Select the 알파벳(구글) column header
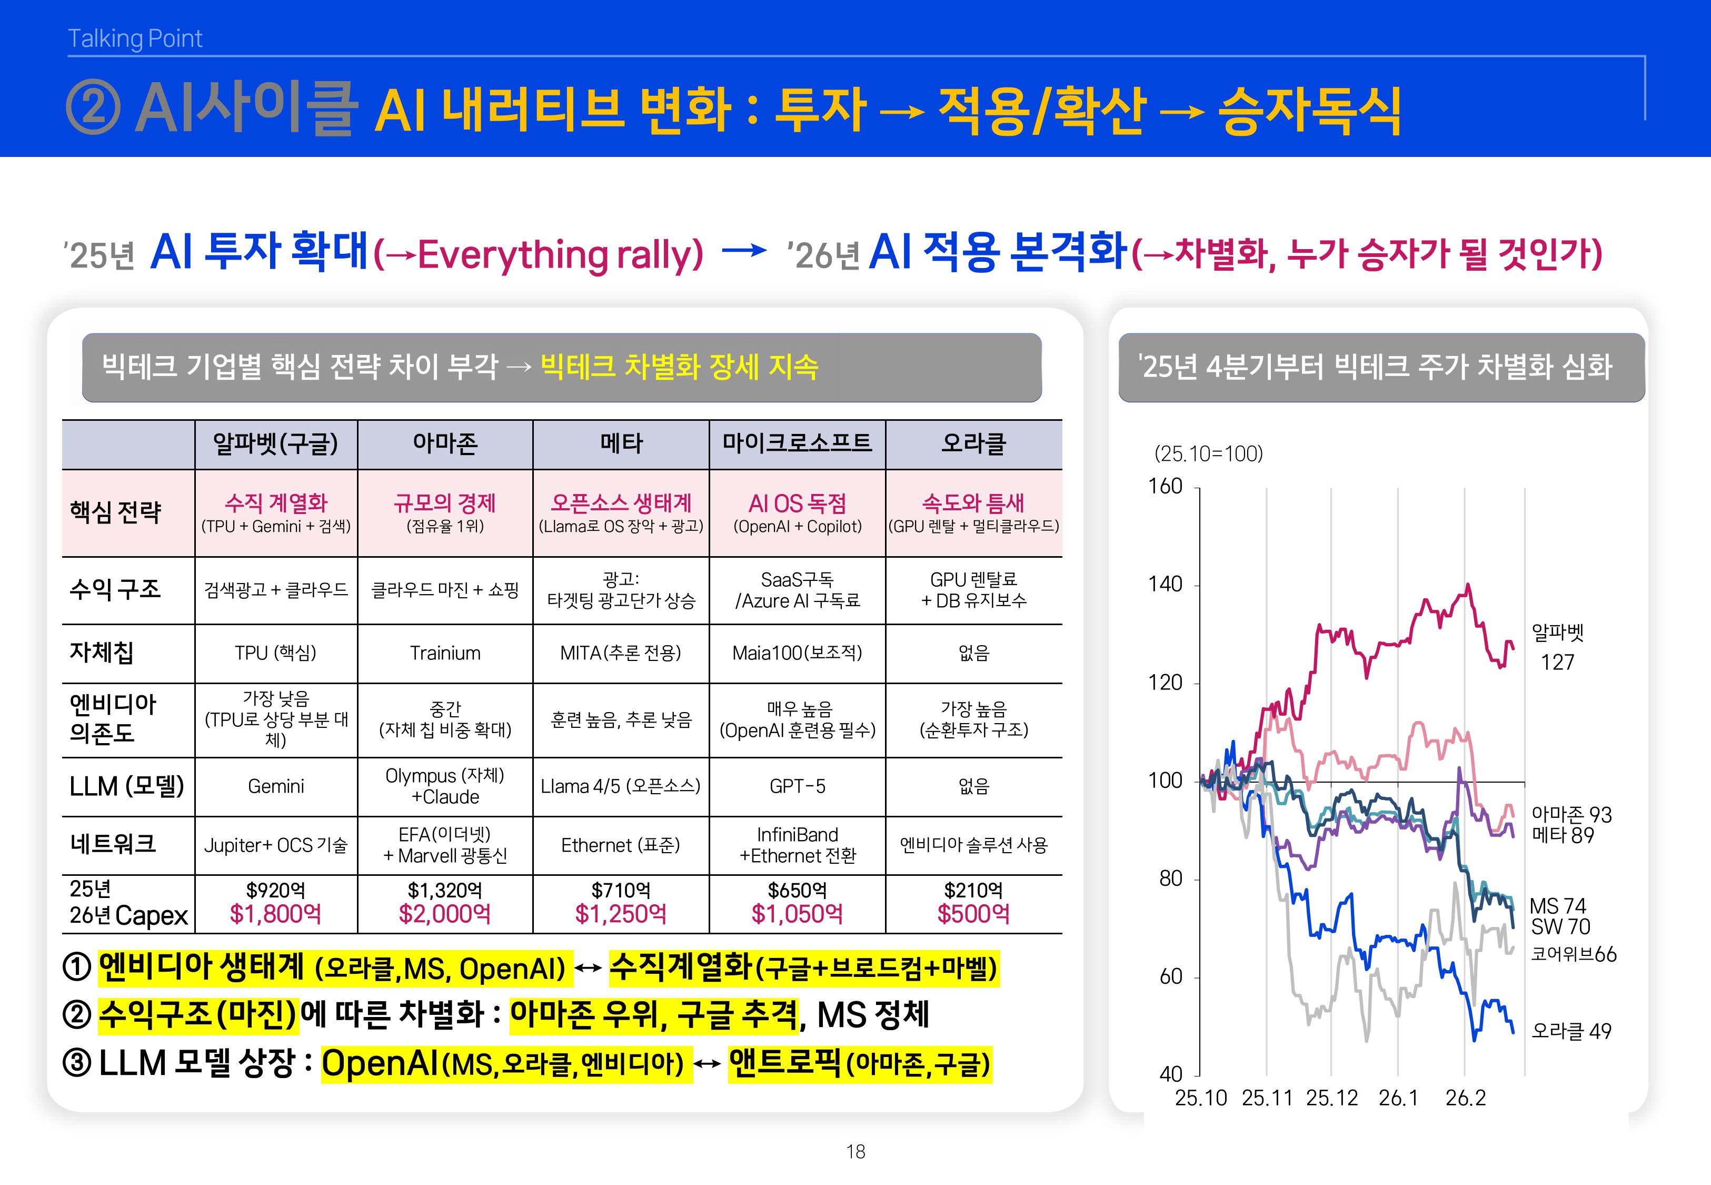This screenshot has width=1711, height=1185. pyautogui.click(x=275, y=444)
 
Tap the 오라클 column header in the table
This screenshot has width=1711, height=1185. pyautogui.click(x=973, y=444)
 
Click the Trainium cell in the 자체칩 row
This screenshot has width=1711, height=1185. pyautogui.click(x=445, y=654)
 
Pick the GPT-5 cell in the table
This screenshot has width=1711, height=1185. pyautogui.click(x=797, y=786)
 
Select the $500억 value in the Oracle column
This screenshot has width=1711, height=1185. pyautogui.click(x=973, y=914)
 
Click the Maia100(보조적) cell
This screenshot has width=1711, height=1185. pyautogui.click(x=797, y=654)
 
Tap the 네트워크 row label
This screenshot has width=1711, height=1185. pyautogui.click(x=113, y=844)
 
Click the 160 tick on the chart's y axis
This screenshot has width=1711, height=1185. pyautogui.click(x=1165, y=487)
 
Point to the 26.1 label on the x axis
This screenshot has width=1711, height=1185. pyautogui.click(x=1398, y=1098)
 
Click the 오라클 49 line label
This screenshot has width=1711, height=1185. pyautogui.click(x=1571, y=1031)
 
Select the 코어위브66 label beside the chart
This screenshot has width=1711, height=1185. pyautogui.click(x=1573, y=955)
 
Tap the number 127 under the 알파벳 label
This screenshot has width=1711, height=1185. pyautogui.click(x=1557, y=663)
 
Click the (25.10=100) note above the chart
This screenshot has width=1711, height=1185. pyautogui.click(x=1208, y=453)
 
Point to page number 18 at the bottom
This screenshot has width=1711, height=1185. pyautogui.click(x=855, y=1152)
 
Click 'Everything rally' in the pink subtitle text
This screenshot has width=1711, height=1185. pyautogui.click(x=560, y=255)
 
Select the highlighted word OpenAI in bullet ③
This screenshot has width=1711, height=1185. pyautogui.click(x=380, y=1064)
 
